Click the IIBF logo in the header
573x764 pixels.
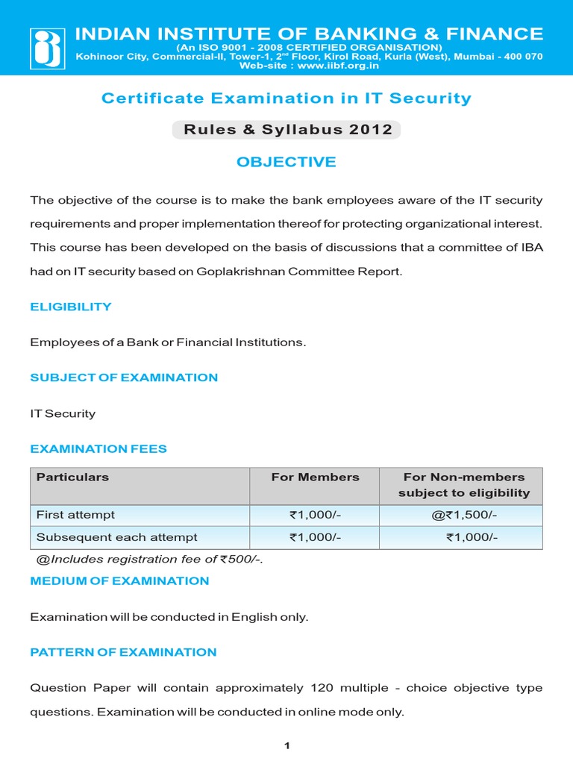pos(47,48)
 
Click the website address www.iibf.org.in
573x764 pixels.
pos(339,66)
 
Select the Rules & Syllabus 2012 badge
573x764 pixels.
pos(286,130)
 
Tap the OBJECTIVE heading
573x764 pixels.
pos(286,162)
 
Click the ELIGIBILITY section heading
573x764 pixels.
pos(71,307)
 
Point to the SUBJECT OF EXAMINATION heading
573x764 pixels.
pos(124,378)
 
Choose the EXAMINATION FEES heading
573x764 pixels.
pos(98,449)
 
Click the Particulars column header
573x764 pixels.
pos(73,477)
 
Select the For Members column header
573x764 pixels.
pos(315,477)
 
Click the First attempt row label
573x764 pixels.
pos(76,515)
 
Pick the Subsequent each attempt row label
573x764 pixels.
pos(117,537)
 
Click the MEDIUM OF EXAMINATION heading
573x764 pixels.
pos(119,580)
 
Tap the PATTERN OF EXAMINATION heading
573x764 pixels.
pos(123,652)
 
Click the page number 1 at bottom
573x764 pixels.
pos(286,746)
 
